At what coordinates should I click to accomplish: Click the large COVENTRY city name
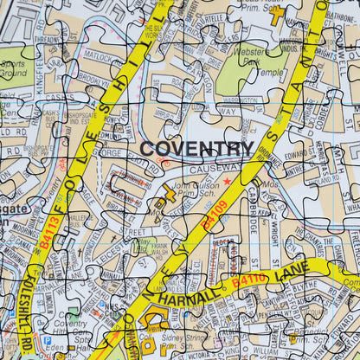(x=196, y=149)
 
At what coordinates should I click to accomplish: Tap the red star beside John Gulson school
(x=228, y=181)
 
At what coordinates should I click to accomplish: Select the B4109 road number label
(x=214, y=215)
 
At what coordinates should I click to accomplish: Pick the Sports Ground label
(x=14, y=69)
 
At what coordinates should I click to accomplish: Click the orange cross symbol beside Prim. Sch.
(x=276, y=15)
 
